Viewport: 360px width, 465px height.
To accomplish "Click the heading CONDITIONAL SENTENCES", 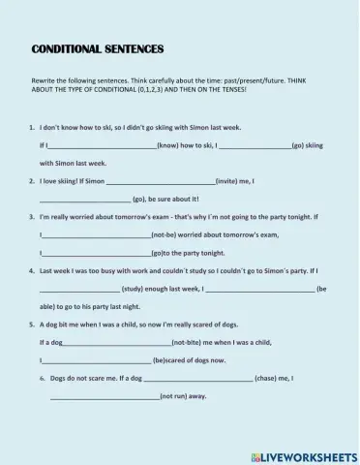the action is tap(98, 48).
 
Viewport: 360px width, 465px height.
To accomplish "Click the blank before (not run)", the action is tap(105, 396).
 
